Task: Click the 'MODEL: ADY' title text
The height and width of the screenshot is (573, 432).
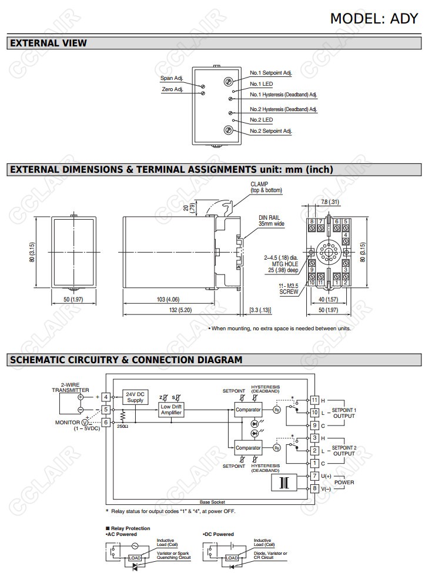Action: point(374,18)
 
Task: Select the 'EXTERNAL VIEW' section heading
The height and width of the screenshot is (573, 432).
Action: point(49,43)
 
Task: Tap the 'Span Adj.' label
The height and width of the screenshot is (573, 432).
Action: point(172,78)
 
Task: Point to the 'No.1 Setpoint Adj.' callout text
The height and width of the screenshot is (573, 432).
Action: point(271,73)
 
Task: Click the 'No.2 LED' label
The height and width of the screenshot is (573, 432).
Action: point(261,120)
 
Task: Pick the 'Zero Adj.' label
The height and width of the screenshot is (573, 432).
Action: point(172,89)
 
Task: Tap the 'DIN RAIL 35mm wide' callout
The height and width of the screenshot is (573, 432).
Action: point(272,220)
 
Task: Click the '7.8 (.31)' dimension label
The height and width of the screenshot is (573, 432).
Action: point(330,202)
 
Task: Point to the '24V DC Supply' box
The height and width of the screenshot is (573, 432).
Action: point(135,397)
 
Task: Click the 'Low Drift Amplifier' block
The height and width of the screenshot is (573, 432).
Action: point(171,410)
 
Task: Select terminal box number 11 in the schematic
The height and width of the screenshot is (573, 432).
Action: point(314,400)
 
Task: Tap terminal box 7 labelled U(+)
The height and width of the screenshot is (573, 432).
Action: point(314,475)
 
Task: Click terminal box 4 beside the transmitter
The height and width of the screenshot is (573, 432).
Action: point(105,397)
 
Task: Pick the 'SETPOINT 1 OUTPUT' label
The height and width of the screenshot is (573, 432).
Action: point(344,413)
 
